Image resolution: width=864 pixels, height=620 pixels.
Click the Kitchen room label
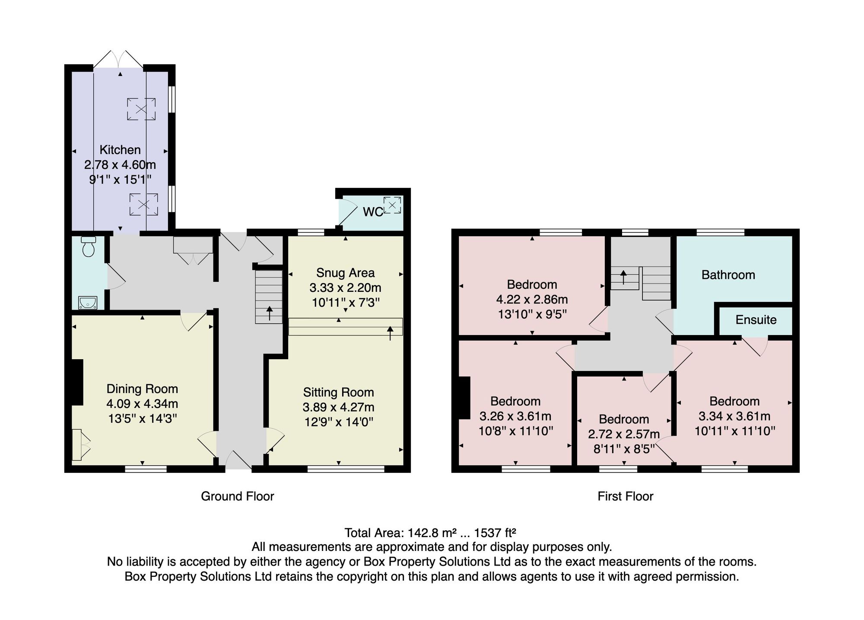click(x=120, y=150)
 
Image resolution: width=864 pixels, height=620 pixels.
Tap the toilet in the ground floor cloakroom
click(x=89, y=246)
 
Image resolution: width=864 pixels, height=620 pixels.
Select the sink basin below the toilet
click(x=88, y=303)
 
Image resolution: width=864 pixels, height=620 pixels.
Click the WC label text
click(x=373, y=212)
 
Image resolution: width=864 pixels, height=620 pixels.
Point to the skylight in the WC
click(x=392, y=205)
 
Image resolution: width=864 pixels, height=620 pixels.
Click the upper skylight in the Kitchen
click(x=141, y=109)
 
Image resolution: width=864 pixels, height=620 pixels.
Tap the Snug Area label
click(x=345, y=273)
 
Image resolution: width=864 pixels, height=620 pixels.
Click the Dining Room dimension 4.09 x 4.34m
click(x=142, y=404)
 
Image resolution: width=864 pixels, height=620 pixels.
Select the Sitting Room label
click(x=338, y=392)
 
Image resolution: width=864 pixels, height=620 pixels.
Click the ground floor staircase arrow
click(x=270, y=313)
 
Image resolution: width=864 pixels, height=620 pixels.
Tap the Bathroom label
click(x=728, y=275)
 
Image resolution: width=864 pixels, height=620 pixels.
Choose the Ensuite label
click(x=756, y=320)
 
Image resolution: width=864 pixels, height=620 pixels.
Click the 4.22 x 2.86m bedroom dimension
click(x=532, y=300)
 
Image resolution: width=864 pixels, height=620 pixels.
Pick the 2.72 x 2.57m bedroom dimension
click(x=624, y=434)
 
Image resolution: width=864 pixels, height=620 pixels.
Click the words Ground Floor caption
click(x=238, y=497)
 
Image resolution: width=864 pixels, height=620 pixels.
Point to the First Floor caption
click(x=626, y=497)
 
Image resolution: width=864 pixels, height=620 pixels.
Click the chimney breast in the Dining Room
click(x=77, y=382)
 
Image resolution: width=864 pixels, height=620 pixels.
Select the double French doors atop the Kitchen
click(x=118, y=59)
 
